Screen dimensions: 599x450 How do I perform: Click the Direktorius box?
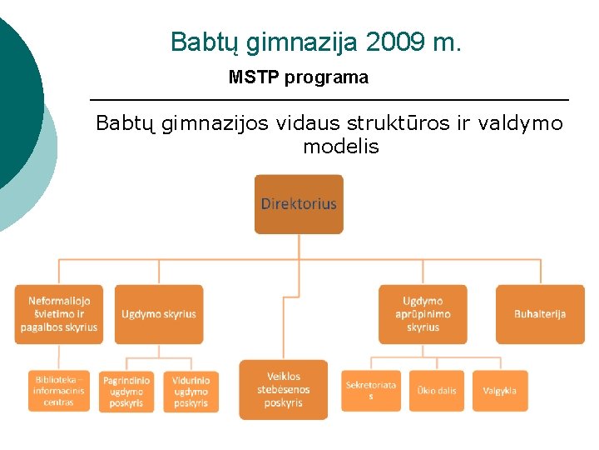[299, 204]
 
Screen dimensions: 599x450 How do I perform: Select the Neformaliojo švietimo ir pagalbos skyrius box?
[63, 314]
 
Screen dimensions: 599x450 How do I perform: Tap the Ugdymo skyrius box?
[159, 314]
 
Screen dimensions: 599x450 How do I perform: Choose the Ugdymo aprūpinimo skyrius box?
[423, 314]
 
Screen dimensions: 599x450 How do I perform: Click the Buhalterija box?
[540, 314]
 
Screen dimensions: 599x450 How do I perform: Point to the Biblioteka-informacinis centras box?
[58, 391]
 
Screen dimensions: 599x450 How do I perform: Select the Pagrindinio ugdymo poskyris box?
[126, 392]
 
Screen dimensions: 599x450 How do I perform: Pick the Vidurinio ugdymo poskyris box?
[191, 392]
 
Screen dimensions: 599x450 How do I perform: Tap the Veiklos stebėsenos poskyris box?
[284, 390]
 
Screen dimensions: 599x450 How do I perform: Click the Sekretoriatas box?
[371, 391]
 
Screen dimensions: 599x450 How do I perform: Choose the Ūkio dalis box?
[436, 391]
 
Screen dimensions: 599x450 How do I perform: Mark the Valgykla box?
[500, 391]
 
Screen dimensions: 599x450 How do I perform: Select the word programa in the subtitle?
[326, 78]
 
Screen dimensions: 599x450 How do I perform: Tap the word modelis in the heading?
[341, 147]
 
